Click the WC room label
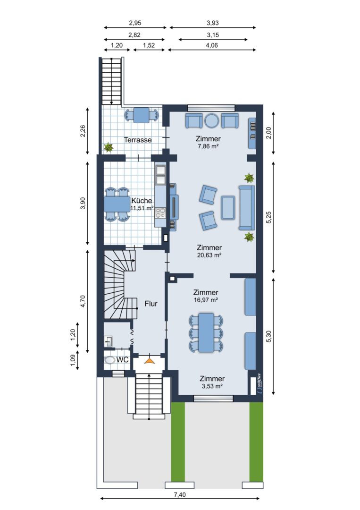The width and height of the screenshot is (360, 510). click(123, 360)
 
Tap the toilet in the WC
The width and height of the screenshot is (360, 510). click(110, 360)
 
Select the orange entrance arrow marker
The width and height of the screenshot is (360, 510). click(149, 360)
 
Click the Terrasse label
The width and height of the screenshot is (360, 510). click(138, 140)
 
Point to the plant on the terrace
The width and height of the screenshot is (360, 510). click(108, 148)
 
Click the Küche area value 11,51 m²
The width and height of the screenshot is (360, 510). click(142, 208)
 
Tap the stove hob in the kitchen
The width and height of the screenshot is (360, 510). click(160, 212)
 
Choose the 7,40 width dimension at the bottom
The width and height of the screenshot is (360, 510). click(180, 495)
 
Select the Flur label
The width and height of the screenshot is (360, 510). click(151, 304)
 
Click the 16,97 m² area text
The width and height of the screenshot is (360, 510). click(206, 300)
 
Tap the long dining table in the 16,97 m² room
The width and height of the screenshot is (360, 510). click(206, 332)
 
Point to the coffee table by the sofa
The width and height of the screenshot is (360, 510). click(228, 207)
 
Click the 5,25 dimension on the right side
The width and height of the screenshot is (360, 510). click(268, 217)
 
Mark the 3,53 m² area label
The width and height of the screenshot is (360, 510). click(212, 386)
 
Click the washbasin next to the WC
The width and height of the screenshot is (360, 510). click(109, 341)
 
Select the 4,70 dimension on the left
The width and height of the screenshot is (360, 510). click(83, 301)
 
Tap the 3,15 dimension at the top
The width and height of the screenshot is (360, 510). click(213, 35)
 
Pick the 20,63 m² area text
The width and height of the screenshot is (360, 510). click(209, 255)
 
